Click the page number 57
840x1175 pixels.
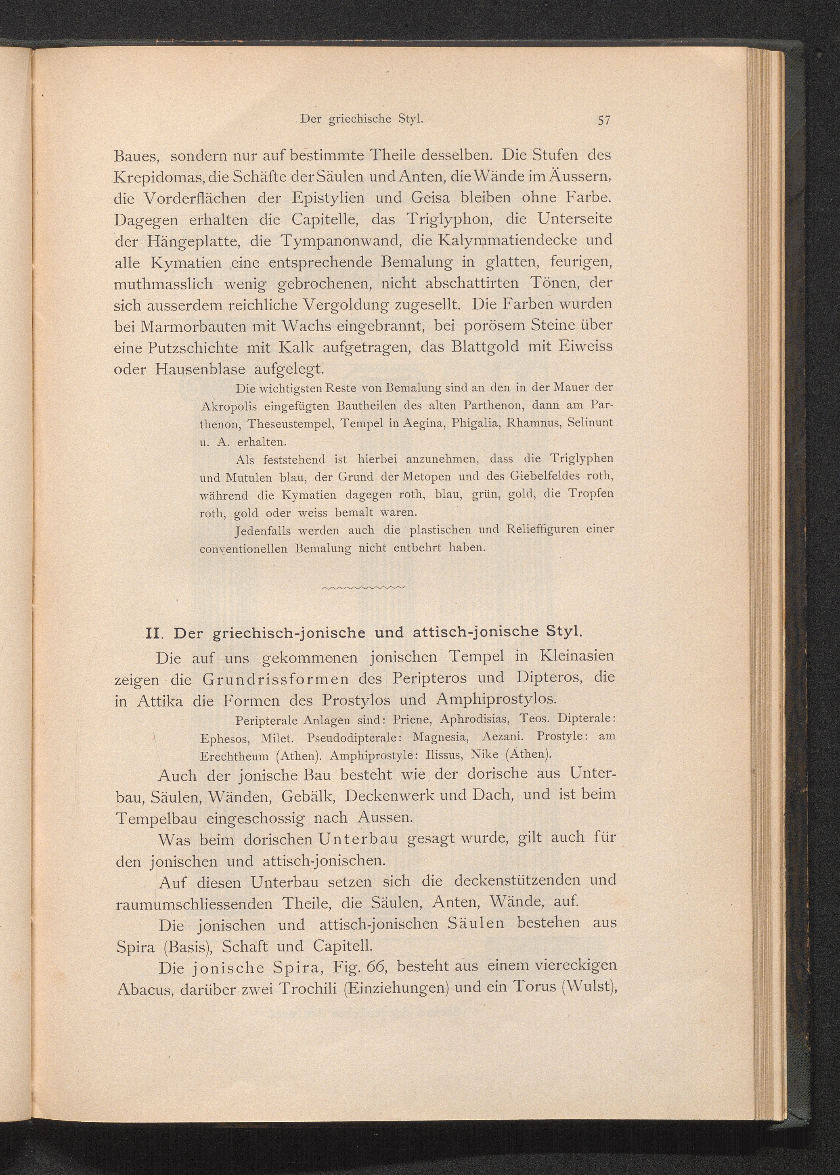click(604, 120)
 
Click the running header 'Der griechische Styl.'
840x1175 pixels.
click(362, 118)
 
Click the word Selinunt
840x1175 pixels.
click(590, 422)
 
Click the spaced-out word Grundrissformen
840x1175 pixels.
click(272, 678)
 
